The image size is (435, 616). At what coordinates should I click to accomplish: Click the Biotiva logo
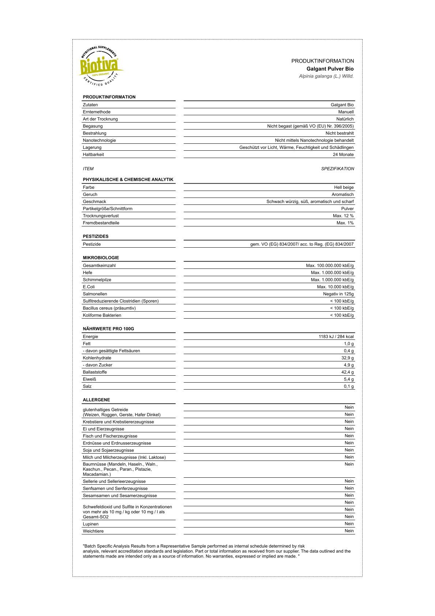[x=101, y=66]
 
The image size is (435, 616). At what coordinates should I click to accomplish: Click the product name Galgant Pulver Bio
[x=330, y=69]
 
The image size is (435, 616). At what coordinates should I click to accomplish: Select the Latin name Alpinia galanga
[x=326, y=76]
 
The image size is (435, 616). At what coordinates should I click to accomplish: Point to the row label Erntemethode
[x=97, y=112]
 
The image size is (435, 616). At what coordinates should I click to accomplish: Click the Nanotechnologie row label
[x=99, y=140]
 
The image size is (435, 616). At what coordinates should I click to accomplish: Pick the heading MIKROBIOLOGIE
[x=101, y=258]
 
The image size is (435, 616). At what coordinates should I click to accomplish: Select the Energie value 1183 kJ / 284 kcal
[x=336, y=337]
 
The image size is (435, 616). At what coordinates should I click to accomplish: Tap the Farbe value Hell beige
[x=344, y=187]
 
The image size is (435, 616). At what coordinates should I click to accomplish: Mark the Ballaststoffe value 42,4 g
[x=347, y=372]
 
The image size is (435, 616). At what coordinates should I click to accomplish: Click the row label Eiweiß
[x=89, y=379]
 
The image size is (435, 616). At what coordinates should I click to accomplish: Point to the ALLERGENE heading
[x=96, y=400]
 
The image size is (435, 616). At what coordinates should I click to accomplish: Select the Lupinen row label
[x=90, y=524]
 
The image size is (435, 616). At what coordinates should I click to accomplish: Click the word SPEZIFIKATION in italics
[x=337, y=169]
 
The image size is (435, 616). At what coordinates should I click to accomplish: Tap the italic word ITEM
[x=88, y=169]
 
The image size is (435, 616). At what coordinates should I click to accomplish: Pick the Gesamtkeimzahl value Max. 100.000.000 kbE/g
[x=330, y=266]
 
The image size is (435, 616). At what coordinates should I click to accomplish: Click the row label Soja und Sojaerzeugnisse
[x=108, y=450]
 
